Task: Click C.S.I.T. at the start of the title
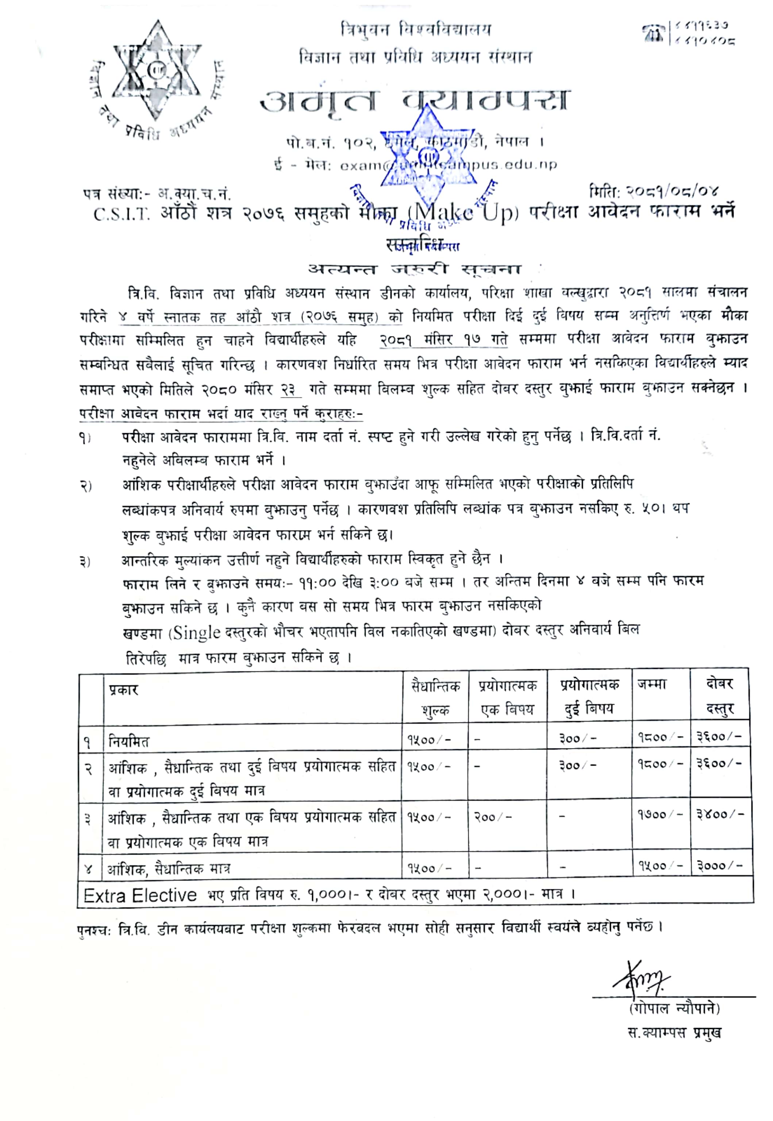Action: (122, 215)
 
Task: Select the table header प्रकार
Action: (123, 690)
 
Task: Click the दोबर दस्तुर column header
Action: (720, 696)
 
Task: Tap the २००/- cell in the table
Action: (493, 817)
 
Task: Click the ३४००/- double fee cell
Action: (719, 814)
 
